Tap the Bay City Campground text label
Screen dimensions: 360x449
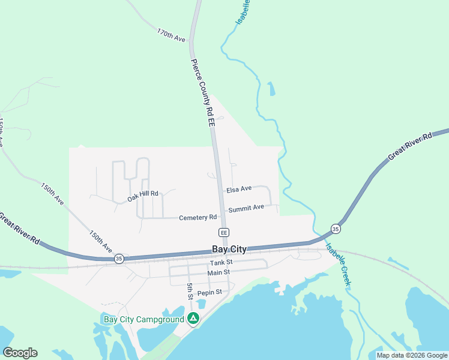coord(144,319)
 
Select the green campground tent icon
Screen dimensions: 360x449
coord(193,318)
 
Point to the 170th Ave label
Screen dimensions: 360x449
coord(172,34)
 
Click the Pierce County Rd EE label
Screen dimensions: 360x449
coord(203,92)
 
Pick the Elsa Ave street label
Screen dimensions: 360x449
coord(239,189)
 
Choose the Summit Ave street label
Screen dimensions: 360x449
coord(246,208)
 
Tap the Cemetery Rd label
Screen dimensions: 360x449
coord(197,217)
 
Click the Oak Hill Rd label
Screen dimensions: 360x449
coord(142,195)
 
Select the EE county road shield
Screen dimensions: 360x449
coord(224,232)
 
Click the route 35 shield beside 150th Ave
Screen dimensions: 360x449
coord(119,258)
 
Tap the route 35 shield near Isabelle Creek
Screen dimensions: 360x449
coord(336,229)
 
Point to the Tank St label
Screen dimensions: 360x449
coord(221,263)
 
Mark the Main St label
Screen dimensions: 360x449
coord(218,272)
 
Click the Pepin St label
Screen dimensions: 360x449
coord(210,292)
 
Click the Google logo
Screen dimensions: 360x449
coord(20,353)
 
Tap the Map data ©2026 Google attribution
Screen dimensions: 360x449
coord(412,356)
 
